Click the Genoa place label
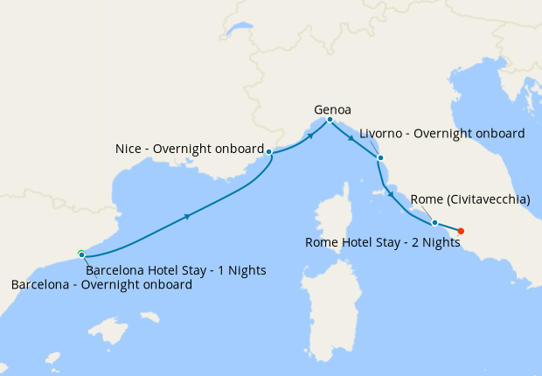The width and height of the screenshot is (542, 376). click(332, 110)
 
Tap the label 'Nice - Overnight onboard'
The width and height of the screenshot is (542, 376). click(189, 150)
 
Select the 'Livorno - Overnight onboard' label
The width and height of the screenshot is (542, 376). click(441, 134)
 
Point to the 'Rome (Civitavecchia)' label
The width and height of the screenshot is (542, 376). click(469, 199)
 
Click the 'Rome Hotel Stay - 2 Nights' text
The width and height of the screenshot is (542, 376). click(382, 242)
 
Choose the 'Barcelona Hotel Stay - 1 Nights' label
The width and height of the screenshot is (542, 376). click(176, 269)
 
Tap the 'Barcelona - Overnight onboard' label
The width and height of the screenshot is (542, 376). click(101, 284)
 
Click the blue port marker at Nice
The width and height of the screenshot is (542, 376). click(268, 152)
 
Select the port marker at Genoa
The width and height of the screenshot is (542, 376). click(330, 120)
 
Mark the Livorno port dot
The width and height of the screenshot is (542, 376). click(379, 158)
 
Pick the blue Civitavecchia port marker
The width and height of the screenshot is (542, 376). click(434, 222)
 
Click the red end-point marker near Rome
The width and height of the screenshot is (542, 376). click(461, 231)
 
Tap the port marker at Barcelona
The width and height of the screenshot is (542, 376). click(81, 254)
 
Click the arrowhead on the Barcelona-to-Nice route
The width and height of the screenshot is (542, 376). click(187, 215)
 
